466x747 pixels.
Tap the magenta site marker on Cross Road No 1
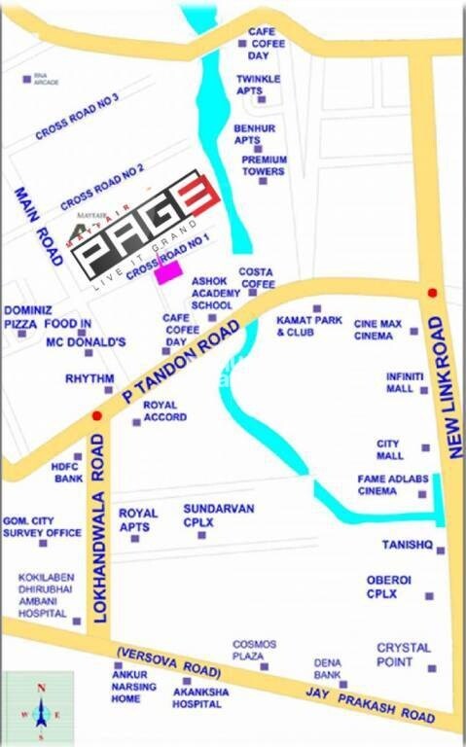click(x=168, y=274)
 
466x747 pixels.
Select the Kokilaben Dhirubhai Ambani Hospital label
click(x=45, y=596)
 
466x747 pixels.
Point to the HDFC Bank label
click(x=67, y=472)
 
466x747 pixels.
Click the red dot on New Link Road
click(x=433, y=293)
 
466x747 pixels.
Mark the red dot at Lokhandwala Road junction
click(x=95, y=416)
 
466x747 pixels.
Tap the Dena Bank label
click(x=327, y=668)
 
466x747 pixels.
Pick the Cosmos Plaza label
click(x=255, y=650)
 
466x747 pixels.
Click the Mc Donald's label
click(x=87, y=342)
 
